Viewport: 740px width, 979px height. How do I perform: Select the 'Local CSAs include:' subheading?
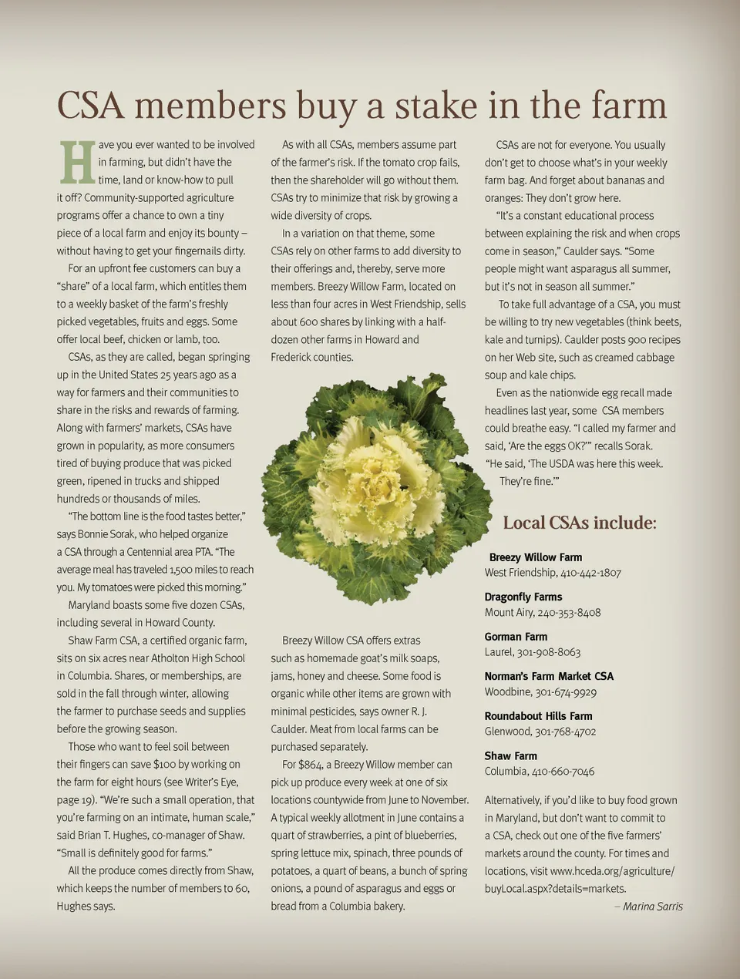pos(579,523)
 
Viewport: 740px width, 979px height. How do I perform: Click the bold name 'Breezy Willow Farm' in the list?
pos(535,557)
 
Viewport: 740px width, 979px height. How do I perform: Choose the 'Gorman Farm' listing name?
pos(516,637)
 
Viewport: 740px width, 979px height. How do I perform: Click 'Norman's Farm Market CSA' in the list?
pos(549,676)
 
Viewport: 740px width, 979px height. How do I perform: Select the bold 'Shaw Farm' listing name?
pos(510,755)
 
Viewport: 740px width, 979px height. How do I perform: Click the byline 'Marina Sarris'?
pos(652,907)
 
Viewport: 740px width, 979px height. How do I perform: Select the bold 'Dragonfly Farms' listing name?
pos(523,597)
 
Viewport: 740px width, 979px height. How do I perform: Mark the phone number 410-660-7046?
pos(563,772)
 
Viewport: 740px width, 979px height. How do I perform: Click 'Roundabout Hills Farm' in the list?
pos(538,716)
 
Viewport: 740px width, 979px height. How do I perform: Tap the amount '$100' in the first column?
pos(164,765)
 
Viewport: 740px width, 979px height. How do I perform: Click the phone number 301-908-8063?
pos(548,652)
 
